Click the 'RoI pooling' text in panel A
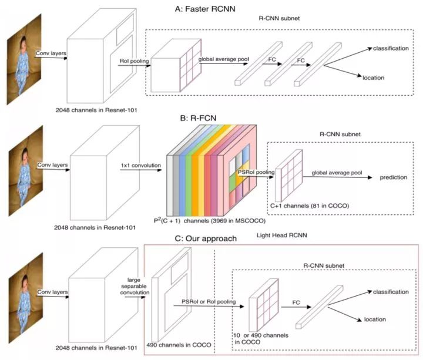click(135, 59)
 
